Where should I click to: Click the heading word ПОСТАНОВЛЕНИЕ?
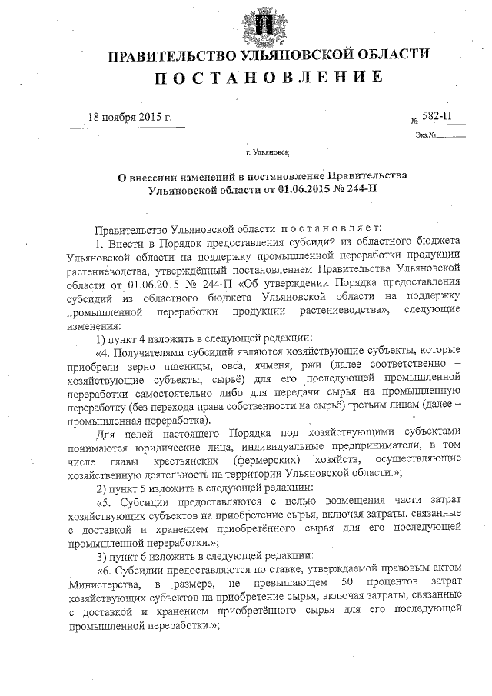[268, 77]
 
